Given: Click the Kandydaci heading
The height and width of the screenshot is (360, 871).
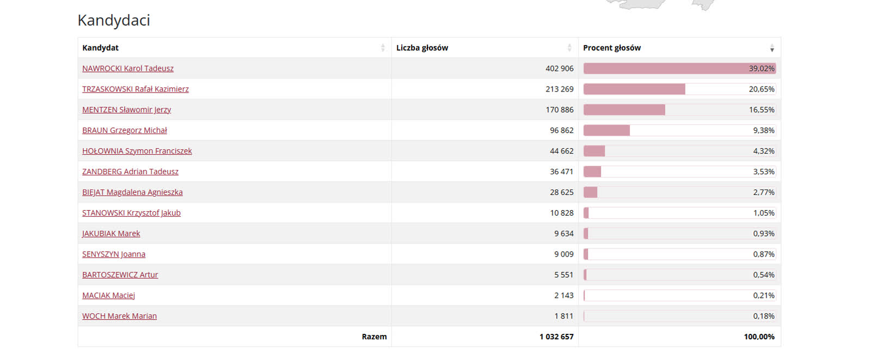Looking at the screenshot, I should [x=114, y=20].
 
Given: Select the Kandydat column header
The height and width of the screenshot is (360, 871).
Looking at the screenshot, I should [x=101, y=48].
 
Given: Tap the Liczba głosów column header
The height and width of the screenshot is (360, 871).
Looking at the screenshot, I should [x=422, y=48].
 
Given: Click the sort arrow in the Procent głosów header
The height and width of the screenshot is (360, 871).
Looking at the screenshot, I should [x=772, y=48].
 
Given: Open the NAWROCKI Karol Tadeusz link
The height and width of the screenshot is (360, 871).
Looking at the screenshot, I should [x=128, y=69].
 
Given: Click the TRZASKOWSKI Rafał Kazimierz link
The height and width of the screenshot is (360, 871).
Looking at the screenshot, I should [x=136, y=89].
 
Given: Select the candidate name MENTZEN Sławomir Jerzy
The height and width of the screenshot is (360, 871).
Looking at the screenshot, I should [x=126, y=110].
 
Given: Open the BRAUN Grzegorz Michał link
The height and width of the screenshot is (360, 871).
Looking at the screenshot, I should [x=125, y=131].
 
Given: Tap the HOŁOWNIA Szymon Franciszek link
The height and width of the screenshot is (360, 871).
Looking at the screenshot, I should [x=137, y=151].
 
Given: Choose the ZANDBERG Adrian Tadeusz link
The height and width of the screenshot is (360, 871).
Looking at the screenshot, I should [x=130, y=172].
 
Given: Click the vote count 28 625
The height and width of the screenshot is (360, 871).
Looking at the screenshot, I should [x=561, y=192].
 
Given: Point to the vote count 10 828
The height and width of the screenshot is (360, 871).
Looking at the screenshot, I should [x=561, y=213].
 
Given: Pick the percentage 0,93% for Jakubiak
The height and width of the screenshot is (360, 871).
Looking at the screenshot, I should [x=764, y=234].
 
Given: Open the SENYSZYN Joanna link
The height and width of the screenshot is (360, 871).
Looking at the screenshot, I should [x=114, y=254].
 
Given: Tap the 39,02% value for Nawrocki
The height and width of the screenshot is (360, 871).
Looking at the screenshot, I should [x=762, y=69].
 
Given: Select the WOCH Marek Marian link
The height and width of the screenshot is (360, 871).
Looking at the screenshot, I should [x=119, y=316].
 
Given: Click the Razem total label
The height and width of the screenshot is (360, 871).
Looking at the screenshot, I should [x=374, y=337].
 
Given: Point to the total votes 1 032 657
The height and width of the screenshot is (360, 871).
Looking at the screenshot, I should [x=556, y=337].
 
